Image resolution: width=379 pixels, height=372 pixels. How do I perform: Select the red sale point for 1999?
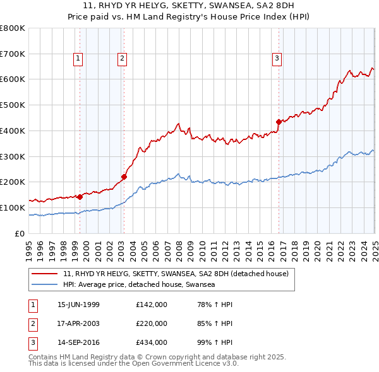coord(80,197)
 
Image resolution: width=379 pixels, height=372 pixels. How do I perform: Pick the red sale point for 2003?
coord(124,177)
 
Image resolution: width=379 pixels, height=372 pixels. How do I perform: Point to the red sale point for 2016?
coord(279,121)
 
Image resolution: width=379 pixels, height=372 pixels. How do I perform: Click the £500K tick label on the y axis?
coord(13,105)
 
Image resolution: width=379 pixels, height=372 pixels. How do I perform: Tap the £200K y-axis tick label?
coord(13,182)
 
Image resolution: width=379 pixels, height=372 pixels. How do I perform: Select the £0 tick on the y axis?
coord(19,233)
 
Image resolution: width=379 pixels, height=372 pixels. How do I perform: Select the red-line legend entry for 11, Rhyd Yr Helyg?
coord(176,274)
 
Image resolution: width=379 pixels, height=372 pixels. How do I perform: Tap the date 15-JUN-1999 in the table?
coord(78,305)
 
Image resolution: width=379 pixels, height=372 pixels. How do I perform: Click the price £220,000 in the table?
coord(152,324)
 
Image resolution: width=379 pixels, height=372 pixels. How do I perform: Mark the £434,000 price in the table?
coord(152,344)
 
